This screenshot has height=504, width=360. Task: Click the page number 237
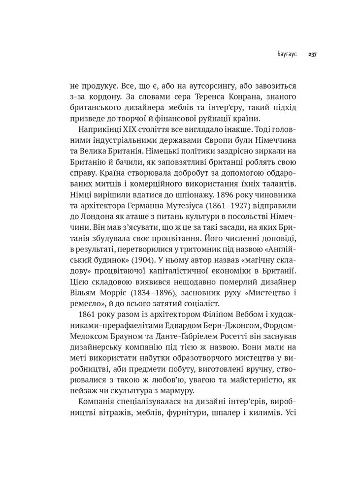[x=312, y=55]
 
